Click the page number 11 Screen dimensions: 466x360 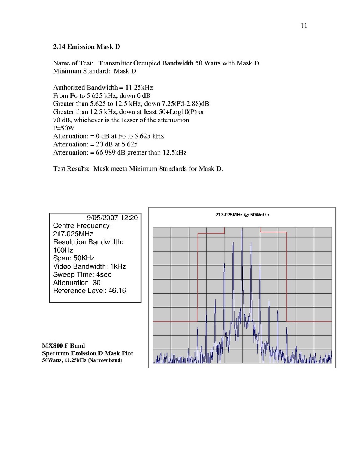[x=304, y=26]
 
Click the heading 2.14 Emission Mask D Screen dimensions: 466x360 [x=86, y=47]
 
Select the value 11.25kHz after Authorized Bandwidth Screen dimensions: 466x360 [x=144, y=87]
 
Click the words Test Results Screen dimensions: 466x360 [x=71, y=169]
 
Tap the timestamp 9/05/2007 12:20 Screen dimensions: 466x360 [x=112, y=218]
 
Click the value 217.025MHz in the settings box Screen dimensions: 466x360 [x=73, y=234]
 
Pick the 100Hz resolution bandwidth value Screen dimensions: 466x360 [x=63, y=250]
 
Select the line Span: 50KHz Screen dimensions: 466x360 [x=74, y=258]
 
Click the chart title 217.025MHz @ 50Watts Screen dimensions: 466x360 [x=242, y=215]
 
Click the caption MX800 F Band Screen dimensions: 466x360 [x=63, y=346]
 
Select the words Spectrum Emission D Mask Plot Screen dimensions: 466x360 [x=88, y=353]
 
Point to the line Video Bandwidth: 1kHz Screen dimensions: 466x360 [x=90, y=266]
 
